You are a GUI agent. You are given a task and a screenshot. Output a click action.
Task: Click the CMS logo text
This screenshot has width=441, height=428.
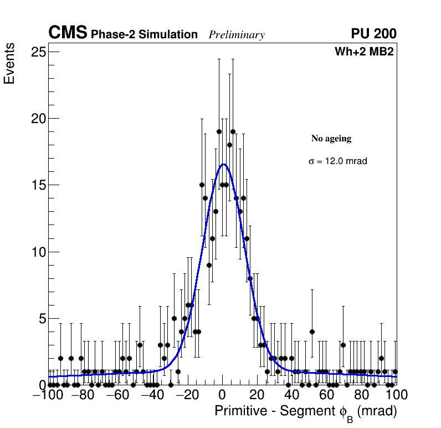(68, 33)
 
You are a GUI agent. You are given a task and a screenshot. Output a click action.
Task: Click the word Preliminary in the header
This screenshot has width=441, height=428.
(237, 35)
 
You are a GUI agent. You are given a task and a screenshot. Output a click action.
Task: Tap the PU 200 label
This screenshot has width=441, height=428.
(373, 34)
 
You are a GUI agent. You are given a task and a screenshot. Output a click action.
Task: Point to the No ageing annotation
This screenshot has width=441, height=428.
(331, 139)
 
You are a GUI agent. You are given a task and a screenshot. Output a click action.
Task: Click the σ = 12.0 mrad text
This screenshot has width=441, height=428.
(338, 161)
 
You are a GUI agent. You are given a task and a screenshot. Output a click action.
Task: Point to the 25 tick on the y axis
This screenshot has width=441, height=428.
(38, 52)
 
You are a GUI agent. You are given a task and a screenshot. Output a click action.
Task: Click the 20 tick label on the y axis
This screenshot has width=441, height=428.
(38, 119)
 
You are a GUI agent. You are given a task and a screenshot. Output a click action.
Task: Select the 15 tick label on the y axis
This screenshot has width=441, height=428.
(38, 185)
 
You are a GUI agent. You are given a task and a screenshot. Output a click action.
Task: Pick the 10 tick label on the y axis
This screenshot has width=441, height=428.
(38, 252)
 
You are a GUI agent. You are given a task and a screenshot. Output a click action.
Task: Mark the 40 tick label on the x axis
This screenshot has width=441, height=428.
(292, 395)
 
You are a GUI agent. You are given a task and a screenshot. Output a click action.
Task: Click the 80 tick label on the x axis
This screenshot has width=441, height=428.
(362, 395)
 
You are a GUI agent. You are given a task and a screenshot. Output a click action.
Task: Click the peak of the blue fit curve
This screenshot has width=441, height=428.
(223, 164)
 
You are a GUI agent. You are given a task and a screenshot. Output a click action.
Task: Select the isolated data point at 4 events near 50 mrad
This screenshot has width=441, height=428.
(312, 332)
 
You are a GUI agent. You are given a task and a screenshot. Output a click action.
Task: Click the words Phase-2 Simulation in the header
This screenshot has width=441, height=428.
(144, 35)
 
